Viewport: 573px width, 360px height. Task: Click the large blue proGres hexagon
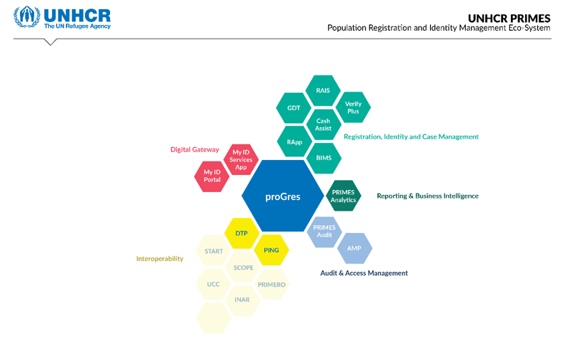(x=283, y=196)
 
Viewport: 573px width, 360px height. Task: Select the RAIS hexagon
(x=323, y=91)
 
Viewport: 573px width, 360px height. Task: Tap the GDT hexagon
(x=294, y=108)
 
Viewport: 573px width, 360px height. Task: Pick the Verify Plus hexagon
(x=353, y=108)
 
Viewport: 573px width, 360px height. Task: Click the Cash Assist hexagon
(x=323, y=124)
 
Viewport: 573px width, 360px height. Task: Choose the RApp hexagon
(x=294, y=142)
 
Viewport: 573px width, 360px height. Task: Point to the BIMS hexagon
(x=324, y=158)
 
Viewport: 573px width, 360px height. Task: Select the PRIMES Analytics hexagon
(x=343, y=196)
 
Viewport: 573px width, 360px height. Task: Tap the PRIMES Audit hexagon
(x=324, y=231)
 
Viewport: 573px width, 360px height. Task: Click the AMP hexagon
(x=354, y=248)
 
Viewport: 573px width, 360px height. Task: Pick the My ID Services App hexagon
(x=241, y=159)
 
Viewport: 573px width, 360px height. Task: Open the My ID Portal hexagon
(x=212, y=176)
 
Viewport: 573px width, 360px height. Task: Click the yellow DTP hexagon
(x=241, y=233)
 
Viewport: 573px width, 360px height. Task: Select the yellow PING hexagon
(x=271, y=250)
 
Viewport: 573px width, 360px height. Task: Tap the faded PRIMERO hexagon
(x=271, y=284)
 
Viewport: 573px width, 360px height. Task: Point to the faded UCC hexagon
(x=213, y=284)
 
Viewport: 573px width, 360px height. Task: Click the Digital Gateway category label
(x=194, y=150)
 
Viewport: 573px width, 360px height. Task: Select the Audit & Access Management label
(x=364, y=273)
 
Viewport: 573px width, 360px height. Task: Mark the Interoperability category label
(x=160, y=259)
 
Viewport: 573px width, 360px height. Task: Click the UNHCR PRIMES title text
(x=509, y=18)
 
